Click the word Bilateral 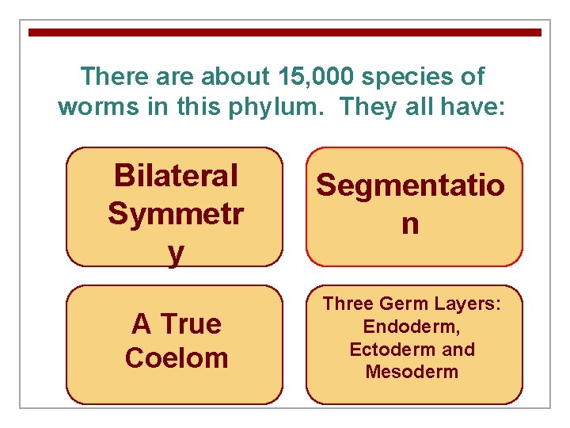point(175,175)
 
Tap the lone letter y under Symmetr point(175,253)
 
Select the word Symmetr point(175,213)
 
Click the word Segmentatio point(410,186)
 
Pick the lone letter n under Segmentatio point(410,224)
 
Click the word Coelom point(175,357)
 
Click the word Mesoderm point(412,372)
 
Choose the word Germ point(402,304)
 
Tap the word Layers point(467,304)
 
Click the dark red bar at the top point(285,32)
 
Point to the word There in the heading point(113,77)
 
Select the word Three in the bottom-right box point(348,304)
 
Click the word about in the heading point(236,77)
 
